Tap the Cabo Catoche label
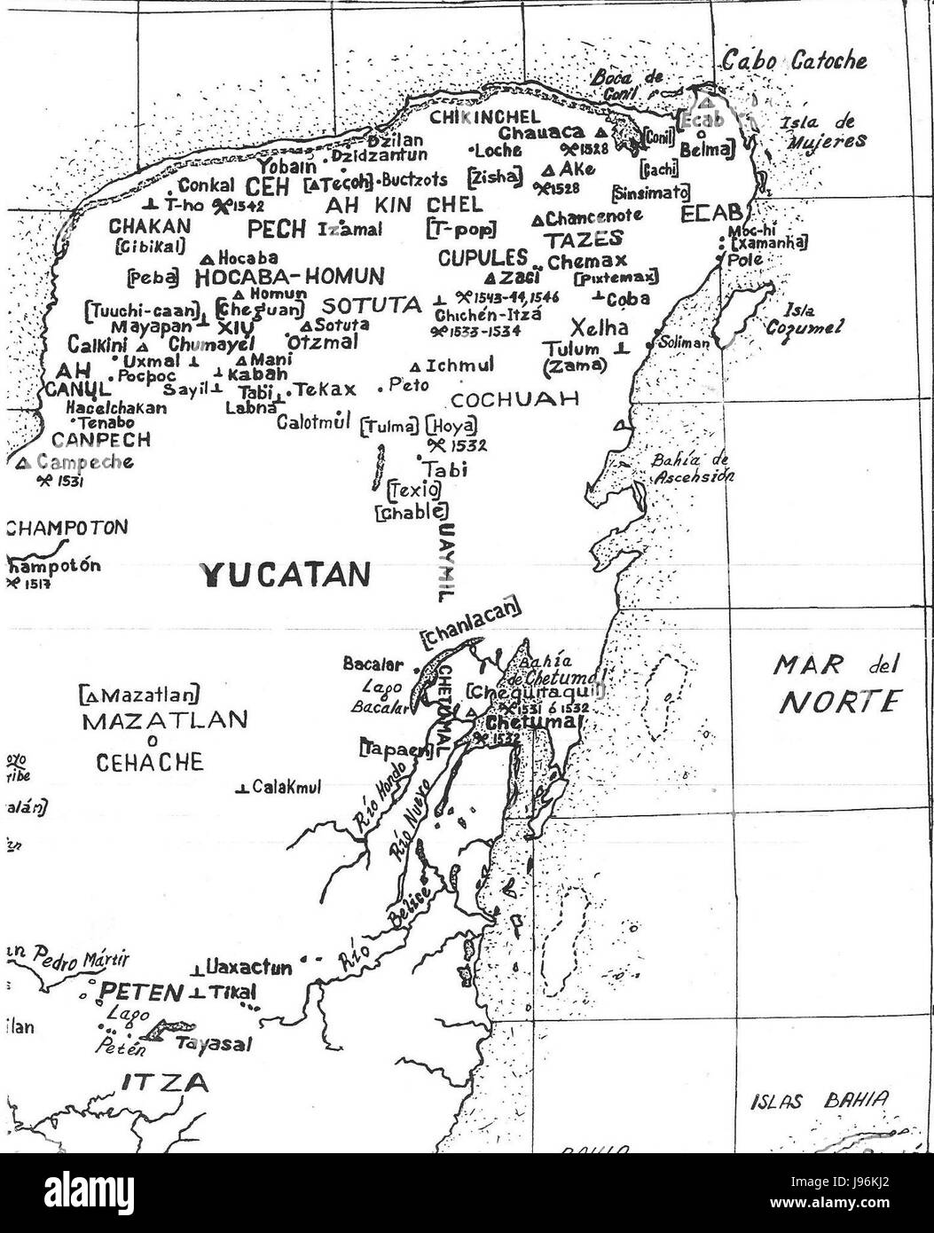(x=794, y=61)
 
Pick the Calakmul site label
(x=286, y=787)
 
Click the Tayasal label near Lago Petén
(x=213, y=1044)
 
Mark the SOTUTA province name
(x=371, y=306)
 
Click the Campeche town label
(x=86, y=462)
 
